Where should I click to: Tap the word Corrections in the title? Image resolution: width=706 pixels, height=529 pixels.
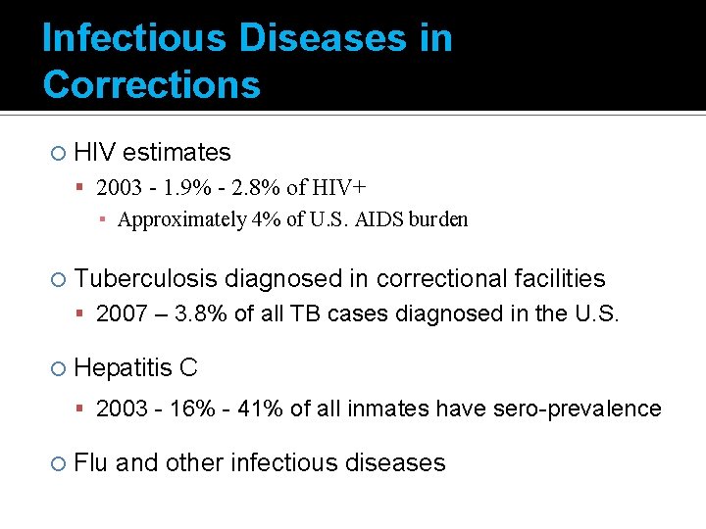tap(152, 85)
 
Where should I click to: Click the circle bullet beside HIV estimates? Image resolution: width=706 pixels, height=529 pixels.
tap(58, 153)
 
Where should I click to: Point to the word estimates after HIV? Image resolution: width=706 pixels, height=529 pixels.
tap(176, 152)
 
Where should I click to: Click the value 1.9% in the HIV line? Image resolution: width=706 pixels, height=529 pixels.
tap(185, 187)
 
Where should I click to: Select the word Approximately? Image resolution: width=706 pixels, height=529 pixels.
tap(181, 219)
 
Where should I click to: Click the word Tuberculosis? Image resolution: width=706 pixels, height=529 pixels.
tap(146, 279)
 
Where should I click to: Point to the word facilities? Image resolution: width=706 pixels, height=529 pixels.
tap(560, 279)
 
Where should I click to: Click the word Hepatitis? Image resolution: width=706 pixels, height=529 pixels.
tap(122, 368)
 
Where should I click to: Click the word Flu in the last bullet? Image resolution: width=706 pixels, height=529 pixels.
tap(91, 462)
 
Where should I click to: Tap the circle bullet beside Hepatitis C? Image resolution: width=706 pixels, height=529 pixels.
tap(58, 369)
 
